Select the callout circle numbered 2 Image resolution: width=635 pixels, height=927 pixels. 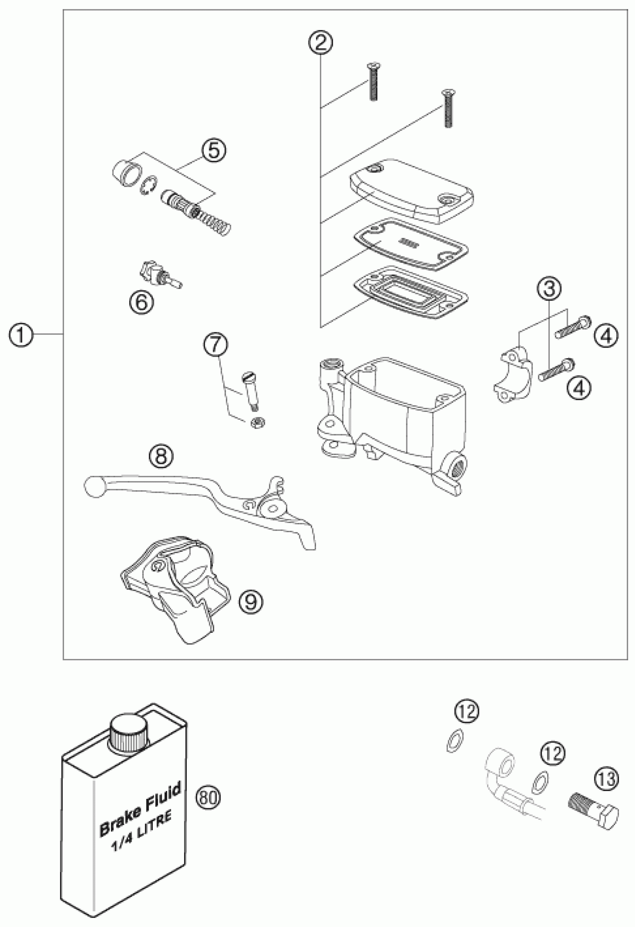pos(321,42)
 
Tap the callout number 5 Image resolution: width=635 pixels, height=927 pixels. pos(214,151)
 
